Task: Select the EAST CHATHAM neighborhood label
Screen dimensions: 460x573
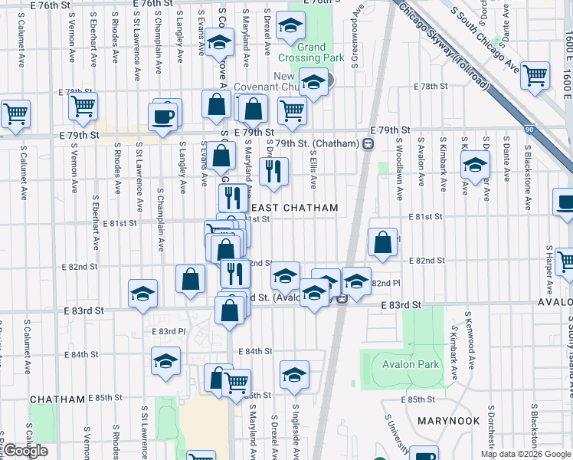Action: click(x=295, y=208)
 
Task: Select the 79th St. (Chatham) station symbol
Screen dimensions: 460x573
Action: click(x=368, y=143)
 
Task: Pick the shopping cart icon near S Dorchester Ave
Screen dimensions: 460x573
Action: click(x=535, y=75)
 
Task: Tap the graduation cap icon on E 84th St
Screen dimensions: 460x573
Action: click(x=165, y=362)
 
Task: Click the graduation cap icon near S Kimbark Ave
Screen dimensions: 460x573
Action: click(x=475, y=164)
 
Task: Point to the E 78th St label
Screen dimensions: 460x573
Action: click(x=429, y=87)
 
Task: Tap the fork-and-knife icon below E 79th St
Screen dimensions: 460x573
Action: click(x=273, y=172)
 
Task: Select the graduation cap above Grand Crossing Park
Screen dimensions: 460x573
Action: click(x=290, y=28)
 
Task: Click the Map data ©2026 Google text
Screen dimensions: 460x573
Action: click(x=526, y=454)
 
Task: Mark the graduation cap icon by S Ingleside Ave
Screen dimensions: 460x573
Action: click(x=294, y=375)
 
